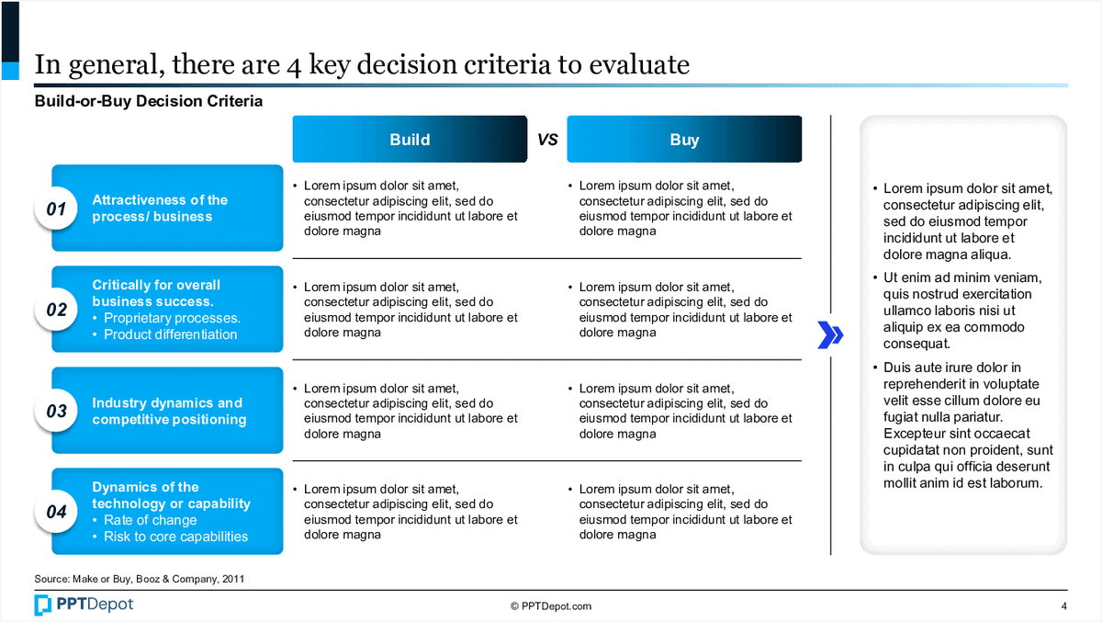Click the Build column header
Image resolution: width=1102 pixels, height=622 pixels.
point(410,140)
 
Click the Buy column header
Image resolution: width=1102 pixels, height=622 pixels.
point(684,140)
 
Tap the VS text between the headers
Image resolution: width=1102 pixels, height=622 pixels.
point(547,140)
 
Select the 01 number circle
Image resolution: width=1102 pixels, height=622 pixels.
point(56,209)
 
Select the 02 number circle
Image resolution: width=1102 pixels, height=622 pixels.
point(56,309)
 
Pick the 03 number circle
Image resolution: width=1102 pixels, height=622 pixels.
point(56,411)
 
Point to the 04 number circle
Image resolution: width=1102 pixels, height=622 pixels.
point(56,511)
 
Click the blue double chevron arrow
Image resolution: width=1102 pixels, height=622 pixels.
point(830,335)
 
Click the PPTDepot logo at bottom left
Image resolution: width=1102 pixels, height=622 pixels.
point(84,605)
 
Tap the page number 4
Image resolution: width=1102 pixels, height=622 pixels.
point(1063,606)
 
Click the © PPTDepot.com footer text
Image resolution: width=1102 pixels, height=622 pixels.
point(551,606)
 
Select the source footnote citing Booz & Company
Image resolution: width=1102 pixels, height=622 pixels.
point(140,579)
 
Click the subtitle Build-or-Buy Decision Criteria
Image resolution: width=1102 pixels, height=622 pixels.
point(149,101)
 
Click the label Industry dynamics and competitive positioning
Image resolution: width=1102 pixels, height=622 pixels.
point(169,411)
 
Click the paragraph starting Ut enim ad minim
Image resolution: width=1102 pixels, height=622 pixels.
point(962,311)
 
